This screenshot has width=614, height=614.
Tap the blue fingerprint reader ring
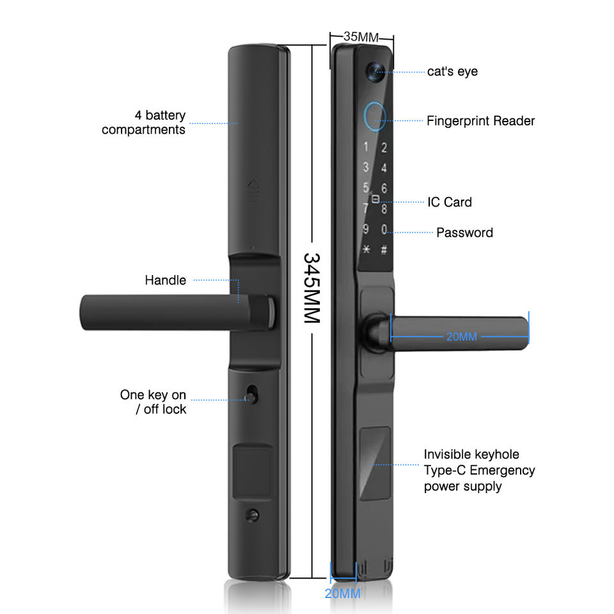pyautogui.click(x=375, y=115)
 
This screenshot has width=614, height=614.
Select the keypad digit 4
pyautogui.click(x=384, y=168)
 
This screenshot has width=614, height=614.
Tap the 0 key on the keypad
pyautogui.click(x=384, y=229)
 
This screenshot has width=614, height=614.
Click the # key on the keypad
pyautogui.click(x=384, y=250)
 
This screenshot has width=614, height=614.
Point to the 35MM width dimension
pyautogui.click(x=361, y=36)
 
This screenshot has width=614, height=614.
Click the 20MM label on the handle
pyautogui.click(x=462, y=336)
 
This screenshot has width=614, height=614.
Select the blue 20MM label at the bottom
pyautogui.click(x=343, y=593)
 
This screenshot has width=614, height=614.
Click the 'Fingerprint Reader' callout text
pyautogui.click(x=480, y=120)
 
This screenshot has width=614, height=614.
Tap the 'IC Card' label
pyautogui.click(x=450, y=202)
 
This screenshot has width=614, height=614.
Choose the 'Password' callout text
pyautogui.click(x=464, y=232)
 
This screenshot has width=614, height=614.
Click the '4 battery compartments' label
pyautogui.click(x=144, y=122)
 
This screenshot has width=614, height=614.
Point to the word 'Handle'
pyautogui.click(x=166, y=280)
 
